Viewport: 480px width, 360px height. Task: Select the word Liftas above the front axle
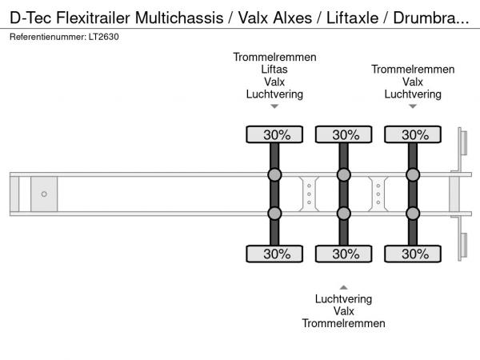[274, 69]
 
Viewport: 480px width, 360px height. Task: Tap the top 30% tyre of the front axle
[274, 134]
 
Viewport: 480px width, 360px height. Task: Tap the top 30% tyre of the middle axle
[344, 134]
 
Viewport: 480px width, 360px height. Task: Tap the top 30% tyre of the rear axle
[413, 134]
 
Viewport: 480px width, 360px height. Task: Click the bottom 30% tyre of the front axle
[274, 254]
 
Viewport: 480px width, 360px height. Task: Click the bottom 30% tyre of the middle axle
[344, 254]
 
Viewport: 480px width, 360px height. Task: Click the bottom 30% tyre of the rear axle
[413, 254]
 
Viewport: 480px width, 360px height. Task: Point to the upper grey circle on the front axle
[274, 175]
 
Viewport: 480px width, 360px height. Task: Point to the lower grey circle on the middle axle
[344, 213]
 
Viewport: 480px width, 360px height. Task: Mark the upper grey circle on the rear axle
[413, 175]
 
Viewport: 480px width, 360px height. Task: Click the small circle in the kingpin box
[44, 194]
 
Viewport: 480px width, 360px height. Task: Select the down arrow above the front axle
[274, 106]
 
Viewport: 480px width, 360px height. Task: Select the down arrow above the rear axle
[413, 106]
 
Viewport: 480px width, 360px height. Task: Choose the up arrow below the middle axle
[344, 286]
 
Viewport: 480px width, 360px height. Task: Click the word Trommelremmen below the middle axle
[344, 323]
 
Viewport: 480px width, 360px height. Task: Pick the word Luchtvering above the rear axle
[413, 94]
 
